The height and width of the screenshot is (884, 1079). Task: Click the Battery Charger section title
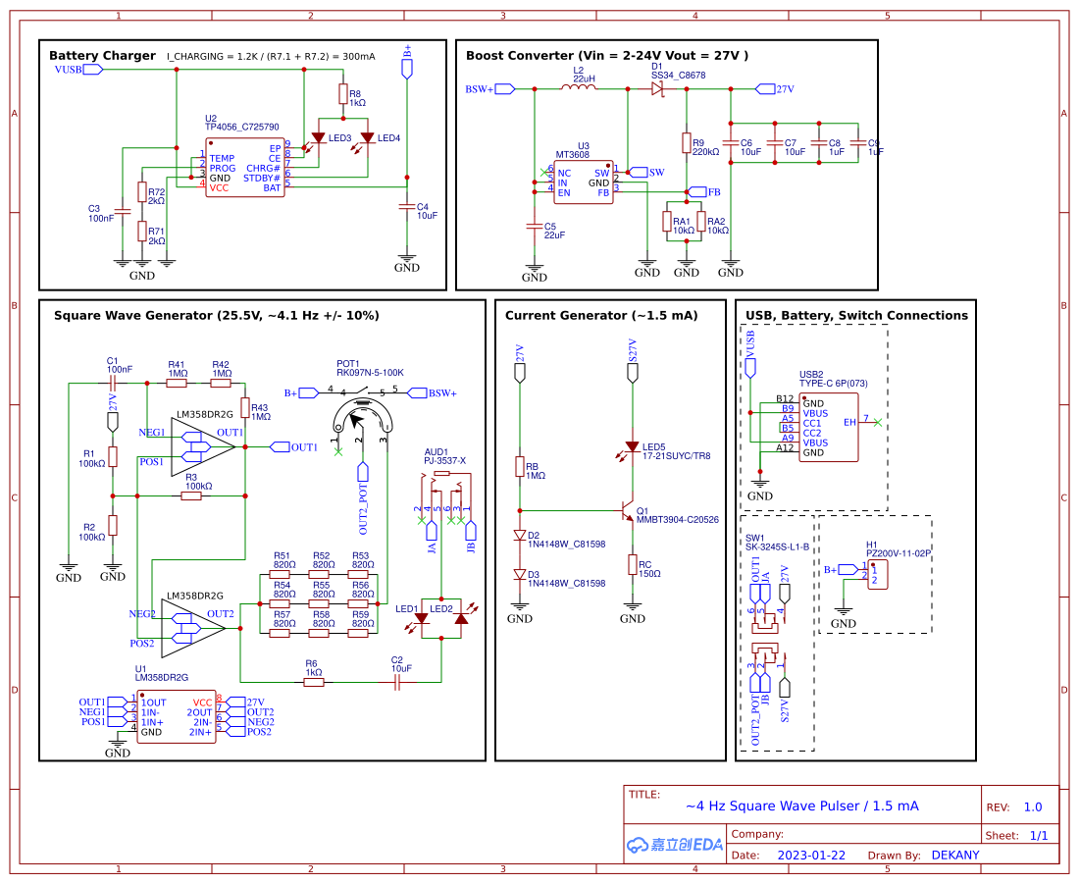102,56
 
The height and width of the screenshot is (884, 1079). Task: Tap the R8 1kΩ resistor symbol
341,94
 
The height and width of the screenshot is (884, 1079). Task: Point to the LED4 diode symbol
368,138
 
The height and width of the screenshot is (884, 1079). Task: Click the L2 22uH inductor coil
579,88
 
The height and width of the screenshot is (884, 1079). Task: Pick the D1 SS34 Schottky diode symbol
657,88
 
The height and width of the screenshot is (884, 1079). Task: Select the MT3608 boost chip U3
583,182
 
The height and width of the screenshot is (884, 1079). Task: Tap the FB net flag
697,191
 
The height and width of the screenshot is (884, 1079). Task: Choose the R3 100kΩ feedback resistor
191,495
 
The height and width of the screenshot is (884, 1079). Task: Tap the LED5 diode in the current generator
633,447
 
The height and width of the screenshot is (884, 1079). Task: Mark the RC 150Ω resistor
633,564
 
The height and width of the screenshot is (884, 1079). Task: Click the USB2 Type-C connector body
828,428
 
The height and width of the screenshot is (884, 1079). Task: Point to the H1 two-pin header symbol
877,575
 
